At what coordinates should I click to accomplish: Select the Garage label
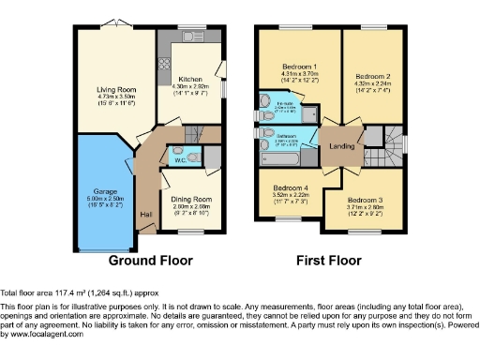pyautogui.click(x=104, y=191)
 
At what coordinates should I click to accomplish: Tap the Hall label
pyautogui.click(x=145, y=215)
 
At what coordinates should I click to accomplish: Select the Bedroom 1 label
pyautogui.click(x=300, y=67)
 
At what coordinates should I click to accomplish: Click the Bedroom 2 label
pyautogui.click(x=372, y=75)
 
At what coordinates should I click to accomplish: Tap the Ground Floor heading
pyautogui.click(x=152, y=260)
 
